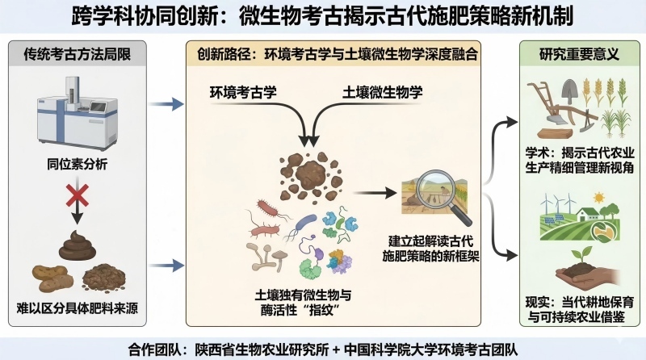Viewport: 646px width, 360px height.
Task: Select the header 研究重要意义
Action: click(x=578, y=57)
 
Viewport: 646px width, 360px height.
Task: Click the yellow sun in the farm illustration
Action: click(x=601, y=199)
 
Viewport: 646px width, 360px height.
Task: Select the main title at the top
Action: click(x=323, y=17)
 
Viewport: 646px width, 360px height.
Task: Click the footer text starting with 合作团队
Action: click(x=323, y=348)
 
